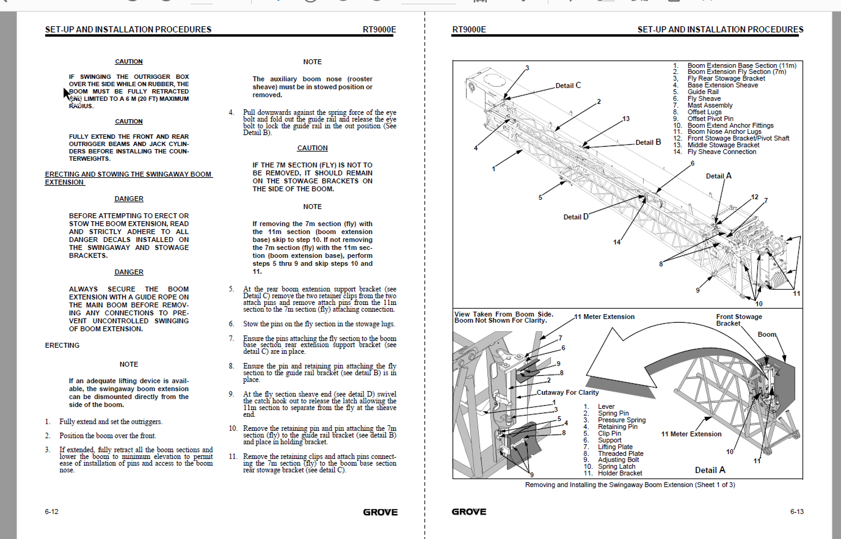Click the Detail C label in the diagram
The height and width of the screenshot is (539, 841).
coord(568,86)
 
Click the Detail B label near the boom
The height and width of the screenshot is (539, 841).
coord(648,142)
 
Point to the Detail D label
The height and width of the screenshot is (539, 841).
coord(575,217)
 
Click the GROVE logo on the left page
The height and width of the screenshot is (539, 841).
coord(380,512)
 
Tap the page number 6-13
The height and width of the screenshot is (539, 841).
coord(796,512)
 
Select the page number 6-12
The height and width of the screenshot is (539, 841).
coord(51,512)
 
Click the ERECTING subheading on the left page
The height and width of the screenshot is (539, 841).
coord(62,345)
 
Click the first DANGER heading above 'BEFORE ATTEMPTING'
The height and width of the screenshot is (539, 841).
coord(129,199)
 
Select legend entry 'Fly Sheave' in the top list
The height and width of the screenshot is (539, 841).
coord(704,98)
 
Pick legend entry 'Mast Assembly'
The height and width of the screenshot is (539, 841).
coord(710,105)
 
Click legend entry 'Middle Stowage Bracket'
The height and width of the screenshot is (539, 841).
coord(723,145)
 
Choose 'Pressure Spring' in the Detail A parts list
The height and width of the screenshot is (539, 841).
coord(621,420)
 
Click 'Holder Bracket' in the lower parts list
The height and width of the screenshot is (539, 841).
coord(619,473)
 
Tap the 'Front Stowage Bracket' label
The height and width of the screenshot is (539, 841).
coord(738,320)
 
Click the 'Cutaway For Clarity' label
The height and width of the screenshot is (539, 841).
coord(567,392)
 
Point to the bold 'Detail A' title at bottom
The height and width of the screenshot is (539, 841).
coord(710,470)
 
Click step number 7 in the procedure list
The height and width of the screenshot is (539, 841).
coord(231,339)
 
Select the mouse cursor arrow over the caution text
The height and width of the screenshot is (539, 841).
coord(67,92)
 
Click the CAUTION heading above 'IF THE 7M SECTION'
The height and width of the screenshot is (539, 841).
coord(312,148)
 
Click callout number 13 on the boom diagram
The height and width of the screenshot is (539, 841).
coord(625,119)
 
